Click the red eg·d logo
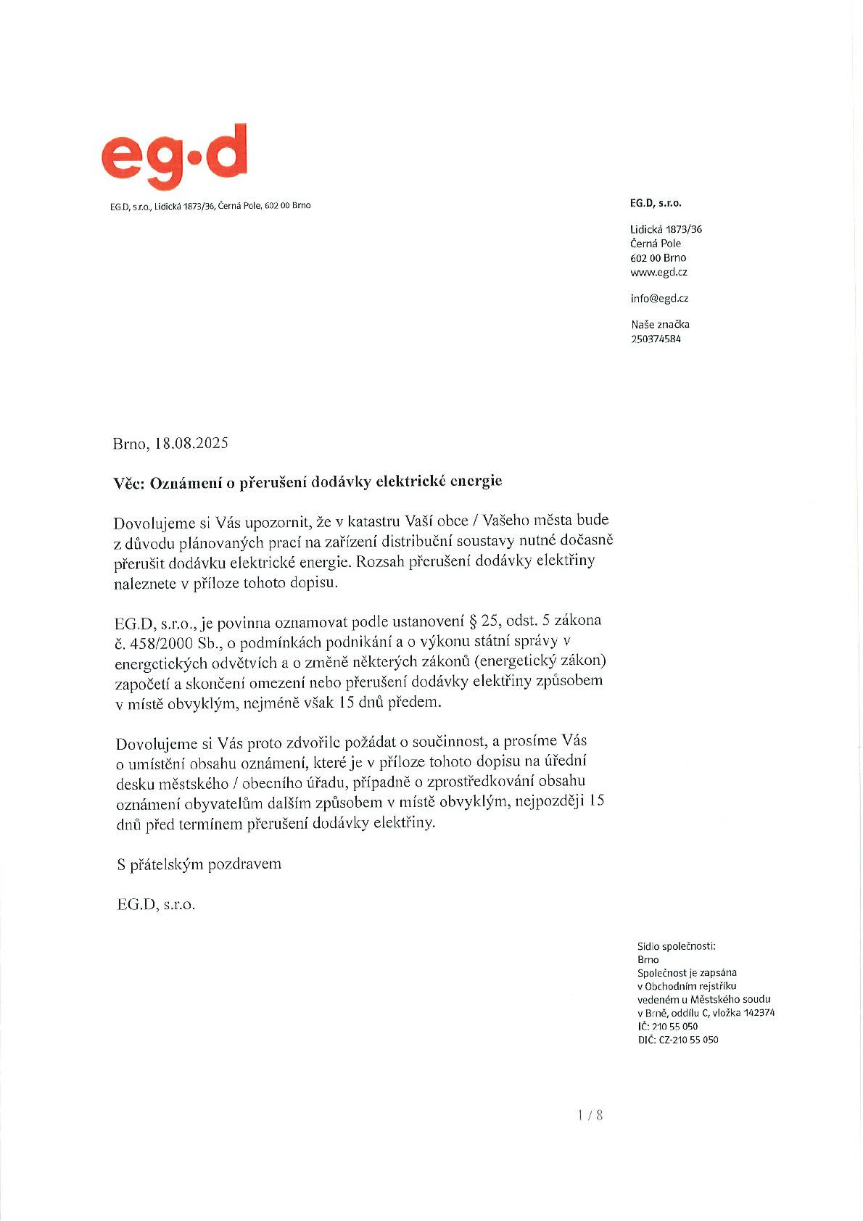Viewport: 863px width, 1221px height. [x=174, y=154]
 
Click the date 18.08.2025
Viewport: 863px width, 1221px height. [x=191, y=443]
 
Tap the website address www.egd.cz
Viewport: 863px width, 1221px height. [x=658, y=273]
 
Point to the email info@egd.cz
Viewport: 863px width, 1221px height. [x=659, y=298]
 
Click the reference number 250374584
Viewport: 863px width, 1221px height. [x=656, y=339]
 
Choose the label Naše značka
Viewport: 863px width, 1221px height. [x=660, y=324]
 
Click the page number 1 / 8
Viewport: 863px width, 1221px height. [x=590, y=1115]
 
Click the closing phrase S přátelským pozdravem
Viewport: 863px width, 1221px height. [x=199, y=864]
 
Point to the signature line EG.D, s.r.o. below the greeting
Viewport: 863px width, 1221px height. [x=156, y=905]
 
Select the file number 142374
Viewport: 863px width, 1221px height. [x=759, y=1013]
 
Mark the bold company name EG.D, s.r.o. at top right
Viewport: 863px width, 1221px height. [x=656, y=204]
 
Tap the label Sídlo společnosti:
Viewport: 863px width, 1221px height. [x=676, y=946]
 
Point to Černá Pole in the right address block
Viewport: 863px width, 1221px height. [x=656, y=244]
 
